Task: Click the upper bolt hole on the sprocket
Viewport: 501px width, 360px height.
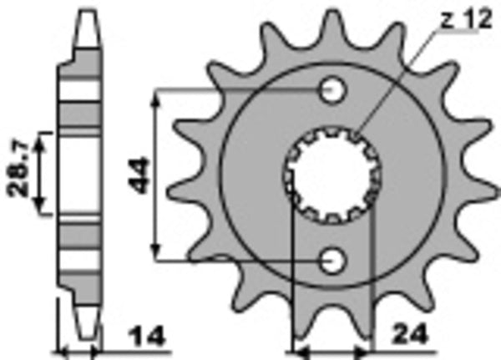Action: point(333,89)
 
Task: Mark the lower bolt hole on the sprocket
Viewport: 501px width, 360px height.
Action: point(333,261)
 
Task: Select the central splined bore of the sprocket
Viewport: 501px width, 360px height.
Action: point(330,175)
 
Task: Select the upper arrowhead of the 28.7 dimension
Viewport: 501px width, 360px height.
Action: point(45,136)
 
